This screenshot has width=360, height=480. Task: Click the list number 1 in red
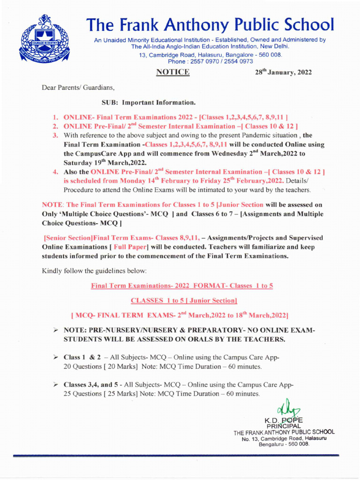click(x=54, y=115)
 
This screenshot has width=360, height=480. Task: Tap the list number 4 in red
click(x=54, y=172)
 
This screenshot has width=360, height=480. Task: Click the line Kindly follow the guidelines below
click(x=94, y=271)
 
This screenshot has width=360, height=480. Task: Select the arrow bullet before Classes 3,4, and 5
click(x=54, y=384)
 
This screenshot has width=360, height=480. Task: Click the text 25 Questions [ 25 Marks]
click(x=100, y=393)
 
